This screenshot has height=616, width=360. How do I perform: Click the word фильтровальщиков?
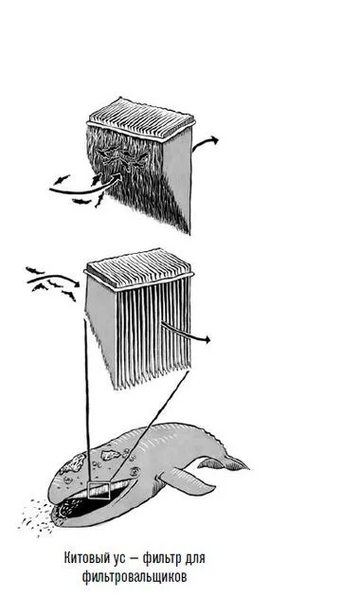click(135, 577)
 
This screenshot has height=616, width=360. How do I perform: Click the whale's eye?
click(135, 471)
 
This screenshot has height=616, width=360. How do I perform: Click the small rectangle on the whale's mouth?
click(99, 491)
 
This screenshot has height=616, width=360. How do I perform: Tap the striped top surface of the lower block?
click(139, 268)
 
